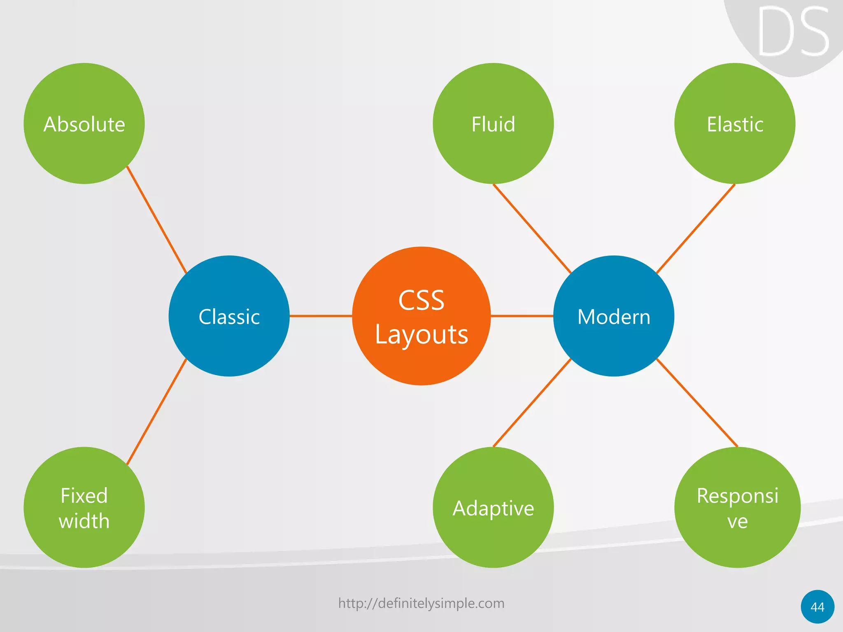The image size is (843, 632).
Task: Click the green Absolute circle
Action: click(84, 123)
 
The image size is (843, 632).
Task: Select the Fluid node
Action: click(493, 123)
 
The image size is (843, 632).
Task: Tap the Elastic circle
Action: click(735, 123)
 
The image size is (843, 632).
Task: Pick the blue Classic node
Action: click(229, 316)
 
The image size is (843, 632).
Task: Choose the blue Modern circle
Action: click(613, 316)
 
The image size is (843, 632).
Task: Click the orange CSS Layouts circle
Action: click(421, 316)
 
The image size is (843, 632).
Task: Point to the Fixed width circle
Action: click(84, 507)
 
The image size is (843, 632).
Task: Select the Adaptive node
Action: click(493, 507)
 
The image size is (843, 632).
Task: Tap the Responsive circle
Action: click(737, 507)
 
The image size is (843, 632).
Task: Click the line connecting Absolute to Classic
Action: click(156, 219)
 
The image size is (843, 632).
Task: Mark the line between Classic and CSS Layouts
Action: click(321, 316)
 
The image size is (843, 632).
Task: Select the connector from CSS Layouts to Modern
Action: click(522, 316)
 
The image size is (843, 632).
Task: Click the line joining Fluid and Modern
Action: click(532, 229)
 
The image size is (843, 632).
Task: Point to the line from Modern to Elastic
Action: click(696, 229)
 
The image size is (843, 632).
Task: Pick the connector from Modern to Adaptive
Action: click(532, 403)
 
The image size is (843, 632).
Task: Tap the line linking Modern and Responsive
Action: click(696, 403)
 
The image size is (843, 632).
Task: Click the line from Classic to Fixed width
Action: click(156, 412)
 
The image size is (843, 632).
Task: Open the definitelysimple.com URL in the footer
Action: click(421, 603)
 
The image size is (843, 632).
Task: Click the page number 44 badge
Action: click(817, 607)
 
